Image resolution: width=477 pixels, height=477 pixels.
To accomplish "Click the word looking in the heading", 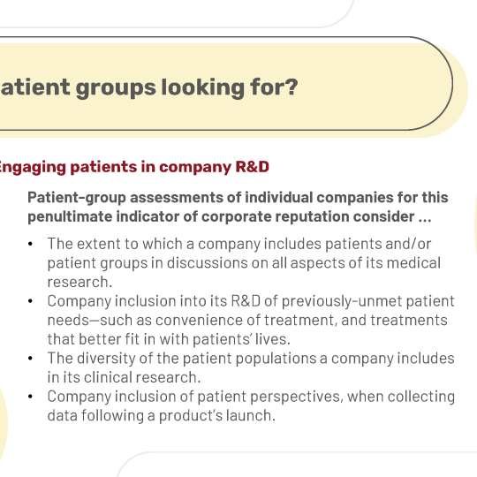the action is (202, 88).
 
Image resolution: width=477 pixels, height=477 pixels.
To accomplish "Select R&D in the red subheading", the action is (252, 167).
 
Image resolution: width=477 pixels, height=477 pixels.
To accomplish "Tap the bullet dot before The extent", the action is (30, 244).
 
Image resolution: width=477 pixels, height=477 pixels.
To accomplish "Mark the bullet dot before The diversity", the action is (30, 359).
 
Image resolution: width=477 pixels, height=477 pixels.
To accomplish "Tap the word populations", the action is (276, 359).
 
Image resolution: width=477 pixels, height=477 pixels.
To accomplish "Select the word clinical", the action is (108, 377).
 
